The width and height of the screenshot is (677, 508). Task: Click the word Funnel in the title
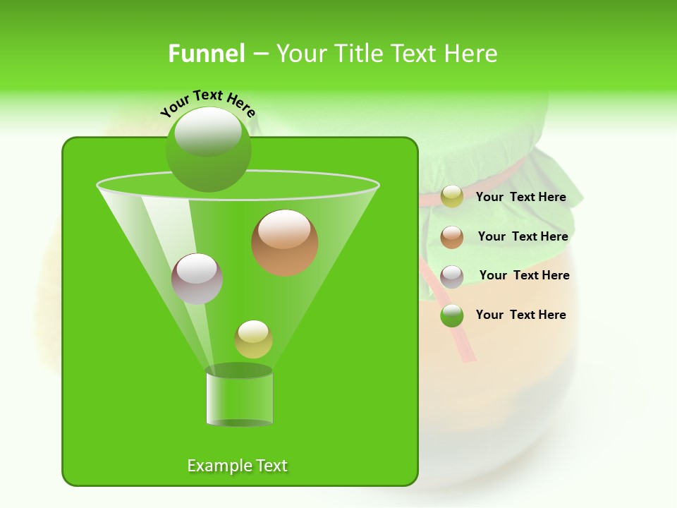point(207,54)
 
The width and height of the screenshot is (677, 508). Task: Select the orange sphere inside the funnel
point(284,243)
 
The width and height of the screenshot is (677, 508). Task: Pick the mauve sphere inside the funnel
point(197,279)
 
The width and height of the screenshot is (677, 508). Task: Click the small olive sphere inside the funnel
point(253,339)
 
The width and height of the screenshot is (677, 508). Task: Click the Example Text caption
point(237,466)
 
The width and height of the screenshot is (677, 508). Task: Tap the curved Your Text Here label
point(208,102)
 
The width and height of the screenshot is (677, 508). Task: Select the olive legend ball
point(452,197)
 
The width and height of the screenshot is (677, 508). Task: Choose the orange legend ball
point(452,237)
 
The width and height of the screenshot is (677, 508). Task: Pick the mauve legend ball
point(452,277)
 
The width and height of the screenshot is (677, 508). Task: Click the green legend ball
point(452,315)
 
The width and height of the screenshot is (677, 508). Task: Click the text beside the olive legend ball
point(520,198)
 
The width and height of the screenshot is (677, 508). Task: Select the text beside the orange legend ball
point(523,237)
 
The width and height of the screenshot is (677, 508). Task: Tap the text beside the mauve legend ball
point(524,276)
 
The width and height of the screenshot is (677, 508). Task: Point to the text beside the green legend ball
point(520,315)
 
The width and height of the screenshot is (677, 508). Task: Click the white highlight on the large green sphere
point(208,131)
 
